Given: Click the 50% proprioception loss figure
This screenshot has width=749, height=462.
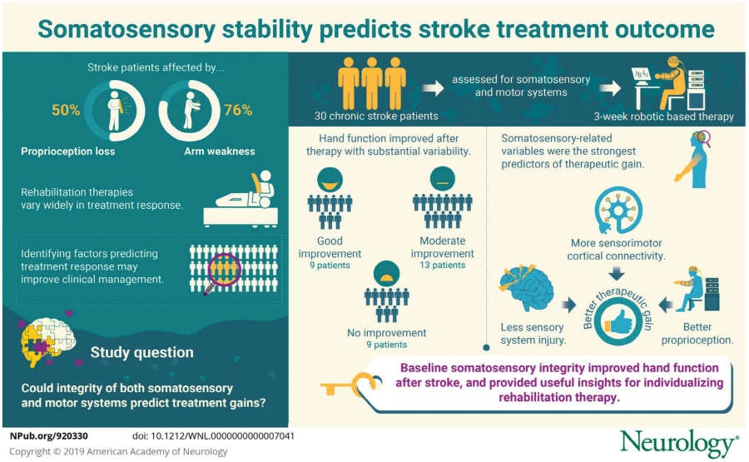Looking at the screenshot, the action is [x=66, y=111].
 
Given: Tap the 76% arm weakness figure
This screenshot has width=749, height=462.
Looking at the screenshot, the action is [x=238, y=111].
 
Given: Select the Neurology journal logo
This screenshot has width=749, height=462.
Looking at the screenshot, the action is [x=679, y=444].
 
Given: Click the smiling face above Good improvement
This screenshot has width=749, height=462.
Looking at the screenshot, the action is [x=330, y=180].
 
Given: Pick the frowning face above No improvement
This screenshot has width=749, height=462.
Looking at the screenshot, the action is [x=386, y=273].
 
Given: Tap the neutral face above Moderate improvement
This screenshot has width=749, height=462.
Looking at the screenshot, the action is [x=443, y=179].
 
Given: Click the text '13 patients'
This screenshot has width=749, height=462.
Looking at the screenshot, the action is [x=443, y=266].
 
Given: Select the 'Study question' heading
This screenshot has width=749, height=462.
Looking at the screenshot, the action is [x=141, y=353].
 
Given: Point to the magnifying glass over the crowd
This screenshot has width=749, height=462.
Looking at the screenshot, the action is [x=222, y=273].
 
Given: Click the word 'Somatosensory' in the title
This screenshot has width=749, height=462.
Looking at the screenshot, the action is [x=127, y=29].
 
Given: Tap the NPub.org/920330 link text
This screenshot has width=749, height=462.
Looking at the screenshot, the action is [x=49, y=436].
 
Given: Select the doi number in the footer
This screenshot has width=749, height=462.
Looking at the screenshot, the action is [x=213, y=436].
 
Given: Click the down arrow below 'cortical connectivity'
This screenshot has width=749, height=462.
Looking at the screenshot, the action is [x=617, y=273].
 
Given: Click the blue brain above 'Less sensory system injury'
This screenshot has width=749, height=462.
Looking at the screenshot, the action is [x=526, y=289].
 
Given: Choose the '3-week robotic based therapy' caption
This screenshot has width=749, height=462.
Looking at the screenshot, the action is [x=663, y=117].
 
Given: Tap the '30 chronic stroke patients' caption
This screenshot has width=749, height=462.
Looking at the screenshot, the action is [x=376, y=116].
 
